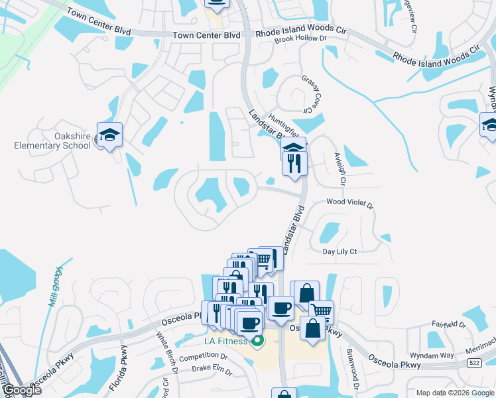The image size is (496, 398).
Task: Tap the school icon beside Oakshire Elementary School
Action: point(109,135)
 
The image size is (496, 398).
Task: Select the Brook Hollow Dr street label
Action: point(301,39)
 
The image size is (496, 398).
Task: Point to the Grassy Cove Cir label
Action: point(306,94)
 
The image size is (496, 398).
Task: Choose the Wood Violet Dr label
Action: point(349,205)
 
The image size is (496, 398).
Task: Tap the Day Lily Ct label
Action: point(340,251)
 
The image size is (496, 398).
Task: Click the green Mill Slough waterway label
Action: point(55,286)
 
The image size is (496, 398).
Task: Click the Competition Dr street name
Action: point(203,357)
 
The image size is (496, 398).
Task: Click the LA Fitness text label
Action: point(225,342)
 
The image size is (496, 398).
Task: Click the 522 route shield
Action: point(473,363)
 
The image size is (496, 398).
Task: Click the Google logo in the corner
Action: point(21,390)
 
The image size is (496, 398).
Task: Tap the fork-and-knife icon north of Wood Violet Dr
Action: point(294,163)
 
